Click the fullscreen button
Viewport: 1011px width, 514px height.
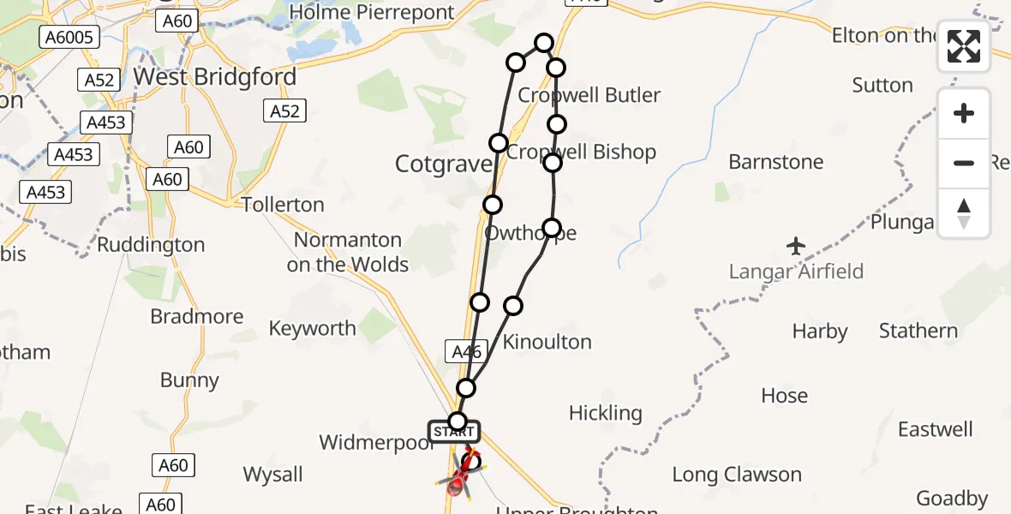[964, 46]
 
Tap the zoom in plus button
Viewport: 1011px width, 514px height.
[964, 113]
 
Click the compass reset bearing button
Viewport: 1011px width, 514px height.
[964, 213]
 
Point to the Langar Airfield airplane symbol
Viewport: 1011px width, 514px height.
[797, 247]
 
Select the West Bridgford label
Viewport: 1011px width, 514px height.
[215, 77]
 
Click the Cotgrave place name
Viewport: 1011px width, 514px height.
[443, 164]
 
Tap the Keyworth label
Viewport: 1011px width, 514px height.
[312, 328]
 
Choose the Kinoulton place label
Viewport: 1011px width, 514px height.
[547, 342]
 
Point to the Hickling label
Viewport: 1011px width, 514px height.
[605, 413]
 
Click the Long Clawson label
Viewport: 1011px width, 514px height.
[736, 475]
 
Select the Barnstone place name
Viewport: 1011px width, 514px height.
[775, 162]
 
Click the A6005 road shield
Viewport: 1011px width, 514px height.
[69, 37]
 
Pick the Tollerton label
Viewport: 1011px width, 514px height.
[283, 205]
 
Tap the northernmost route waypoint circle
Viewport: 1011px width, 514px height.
[544, 42]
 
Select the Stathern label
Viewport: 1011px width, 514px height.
[918, 331]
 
